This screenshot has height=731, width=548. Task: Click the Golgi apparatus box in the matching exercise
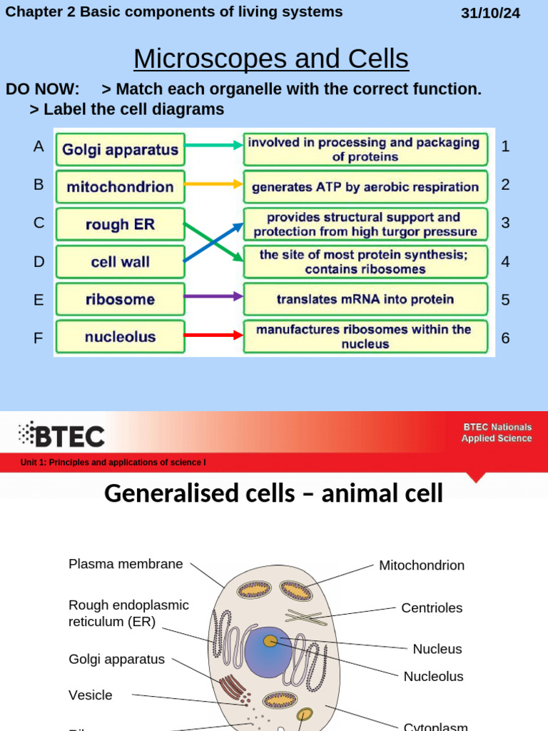pos(120,150)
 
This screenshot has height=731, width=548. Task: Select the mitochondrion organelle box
pos(120,187)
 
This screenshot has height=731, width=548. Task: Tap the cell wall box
pos(120,262)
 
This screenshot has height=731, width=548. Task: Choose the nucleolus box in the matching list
pos(120,337)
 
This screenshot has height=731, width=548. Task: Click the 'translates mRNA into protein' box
pos(365,299)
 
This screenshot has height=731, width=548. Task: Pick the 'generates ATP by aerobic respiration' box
pos(365,187)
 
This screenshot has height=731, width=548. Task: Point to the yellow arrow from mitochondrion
pos(213,184)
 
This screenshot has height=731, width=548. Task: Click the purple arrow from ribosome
pos(213,296)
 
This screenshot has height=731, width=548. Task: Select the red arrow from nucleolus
pos(213,335)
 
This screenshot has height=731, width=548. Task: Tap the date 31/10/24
pos(491,14)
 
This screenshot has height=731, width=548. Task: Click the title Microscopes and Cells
pos(271,59)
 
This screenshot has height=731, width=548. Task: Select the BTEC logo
pos(62,434)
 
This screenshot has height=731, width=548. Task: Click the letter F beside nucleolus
pos(39,338)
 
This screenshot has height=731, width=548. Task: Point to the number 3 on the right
pos(505,223)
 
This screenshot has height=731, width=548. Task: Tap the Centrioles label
pos(432,608)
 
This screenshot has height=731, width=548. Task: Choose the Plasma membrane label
pos(126,564)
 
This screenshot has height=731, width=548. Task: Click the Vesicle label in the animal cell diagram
pos(91,695)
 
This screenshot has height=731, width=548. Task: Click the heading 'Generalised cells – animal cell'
pos(273,493)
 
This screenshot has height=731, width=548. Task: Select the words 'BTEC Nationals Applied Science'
pos(496,433)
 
